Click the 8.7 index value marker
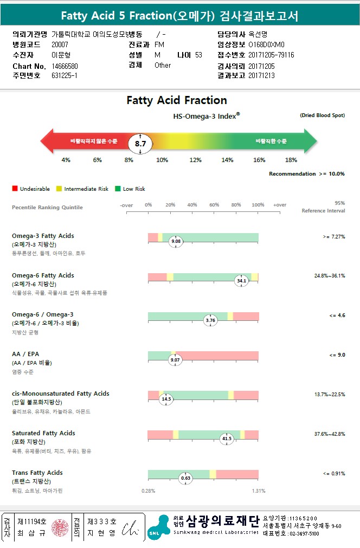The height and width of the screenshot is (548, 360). coord(140,144)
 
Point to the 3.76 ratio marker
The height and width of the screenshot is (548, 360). coord(210,320)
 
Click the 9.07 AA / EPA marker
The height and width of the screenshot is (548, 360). coord(175,360)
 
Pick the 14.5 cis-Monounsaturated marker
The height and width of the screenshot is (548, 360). coord(166,399)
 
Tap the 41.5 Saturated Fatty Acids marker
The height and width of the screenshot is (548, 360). coord(227,439)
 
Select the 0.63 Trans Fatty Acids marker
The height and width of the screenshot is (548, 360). coord(186,478)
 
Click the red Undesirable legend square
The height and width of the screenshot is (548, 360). coord(15,189)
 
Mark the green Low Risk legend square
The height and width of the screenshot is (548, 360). coord(118,189)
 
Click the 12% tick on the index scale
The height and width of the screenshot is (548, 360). coord(195,160)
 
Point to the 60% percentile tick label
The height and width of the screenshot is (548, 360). coord(214,205)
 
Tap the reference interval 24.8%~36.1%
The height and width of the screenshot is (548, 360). coord(329,276)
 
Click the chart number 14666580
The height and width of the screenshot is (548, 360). coord(63,66)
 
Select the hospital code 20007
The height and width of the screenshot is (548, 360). coord(60,44)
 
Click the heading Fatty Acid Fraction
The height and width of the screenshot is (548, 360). coord(177,100)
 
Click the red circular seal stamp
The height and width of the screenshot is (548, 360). coord(60,527)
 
